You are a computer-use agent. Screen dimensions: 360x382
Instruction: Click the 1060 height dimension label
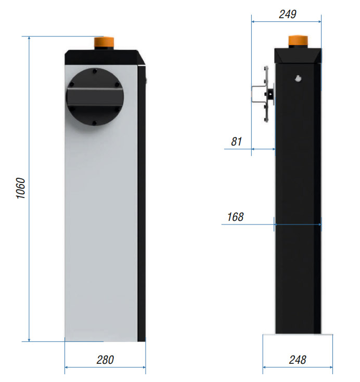20,188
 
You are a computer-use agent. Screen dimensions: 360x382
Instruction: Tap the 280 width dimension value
105,360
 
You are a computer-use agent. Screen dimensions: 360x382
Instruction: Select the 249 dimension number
288,14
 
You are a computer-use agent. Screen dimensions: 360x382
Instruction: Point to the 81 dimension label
236,141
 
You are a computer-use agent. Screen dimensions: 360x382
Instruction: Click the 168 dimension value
235,217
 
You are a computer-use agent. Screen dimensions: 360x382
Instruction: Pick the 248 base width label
298,360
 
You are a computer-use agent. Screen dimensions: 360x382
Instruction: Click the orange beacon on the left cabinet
104,43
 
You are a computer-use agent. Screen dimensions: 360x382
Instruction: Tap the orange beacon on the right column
298,41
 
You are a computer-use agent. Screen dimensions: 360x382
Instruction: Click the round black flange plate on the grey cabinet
95,97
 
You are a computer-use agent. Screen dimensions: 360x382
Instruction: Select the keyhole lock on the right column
298,78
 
